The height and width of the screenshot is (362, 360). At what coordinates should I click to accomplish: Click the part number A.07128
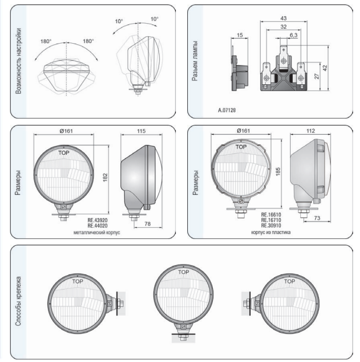[227, 110]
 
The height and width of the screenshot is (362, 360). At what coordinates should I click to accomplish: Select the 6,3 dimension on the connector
[293, 35]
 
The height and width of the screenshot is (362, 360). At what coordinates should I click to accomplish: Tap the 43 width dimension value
[283, 18]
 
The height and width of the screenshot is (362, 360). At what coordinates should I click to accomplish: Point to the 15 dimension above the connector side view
[240, 35]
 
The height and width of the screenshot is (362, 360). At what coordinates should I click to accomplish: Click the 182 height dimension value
[105, 177]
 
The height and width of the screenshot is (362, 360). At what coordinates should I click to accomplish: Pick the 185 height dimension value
[278, 172]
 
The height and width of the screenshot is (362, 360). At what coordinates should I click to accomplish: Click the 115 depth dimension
[141, 131]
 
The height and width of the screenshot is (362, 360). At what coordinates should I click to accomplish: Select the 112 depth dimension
[310, 131]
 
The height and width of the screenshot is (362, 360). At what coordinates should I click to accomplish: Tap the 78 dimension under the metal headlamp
[147, 223]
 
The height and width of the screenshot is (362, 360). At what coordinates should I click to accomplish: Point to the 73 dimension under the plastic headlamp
[317, 218]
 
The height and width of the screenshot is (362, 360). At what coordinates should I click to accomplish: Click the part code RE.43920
[97, 220]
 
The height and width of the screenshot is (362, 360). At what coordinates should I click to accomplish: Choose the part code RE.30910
[271, 225]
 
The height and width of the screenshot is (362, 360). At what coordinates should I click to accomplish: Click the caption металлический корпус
[97, 232]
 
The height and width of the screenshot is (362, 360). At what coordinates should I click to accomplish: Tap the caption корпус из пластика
[271, 232]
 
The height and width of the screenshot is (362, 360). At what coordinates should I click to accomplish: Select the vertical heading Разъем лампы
[195, 61]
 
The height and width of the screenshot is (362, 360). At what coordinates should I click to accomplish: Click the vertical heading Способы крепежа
[18, 301]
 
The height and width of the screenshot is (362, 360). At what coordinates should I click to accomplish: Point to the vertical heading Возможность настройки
[18, 61]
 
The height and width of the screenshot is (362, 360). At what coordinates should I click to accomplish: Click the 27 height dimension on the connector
[316, 76]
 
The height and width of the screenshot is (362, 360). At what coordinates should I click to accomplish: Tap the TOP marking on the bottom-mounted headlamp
[183, 272]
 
